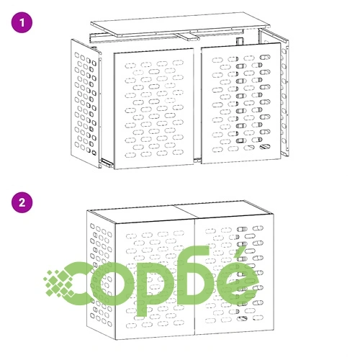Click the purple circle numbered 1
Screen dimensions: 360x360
pyautogui.click(x=22, y=22)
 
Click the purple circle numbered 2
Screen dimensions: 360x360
pyautogui.click(x=22, y=202)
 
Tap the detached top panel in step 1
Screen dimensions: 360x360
pyautogui.click(x=181, y=24)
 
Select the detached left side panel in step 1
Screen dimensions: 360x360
pyautogui.click(x=86, y=103)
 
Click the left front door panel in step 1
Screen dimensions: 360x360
pyautogui.click(x=154, y=109)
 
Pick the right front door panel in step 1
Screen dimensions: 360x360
pyautogui.click(x=241, y=104)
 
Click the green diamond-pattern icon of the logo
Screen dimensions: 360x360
pyautogui.click(x=60, y=284)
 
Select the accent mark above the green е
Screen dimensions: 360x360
pyautogui.click(x=240, y=254)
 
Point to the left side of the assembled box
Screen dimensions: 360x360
pyautogui.click(x=102, y=275)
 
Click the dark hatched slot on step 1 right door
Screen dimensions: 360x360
pyautogui.click(x=265, y=146)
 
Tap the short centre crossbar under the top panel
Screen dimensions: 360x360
pyautogui.click(x=187, y=37)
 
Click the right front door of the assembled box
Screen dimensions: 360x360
pyautogui.click(x=234, y=276)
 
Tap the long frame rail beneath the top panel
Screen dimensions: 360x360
pyautogui.click(x=166, y=37)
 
